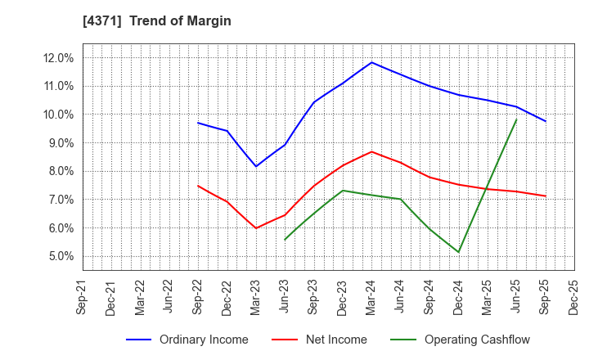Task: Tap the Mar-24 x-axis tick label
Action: click(x=371, y=298)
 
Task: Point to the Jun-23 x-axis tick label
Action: click(x=285, y=298)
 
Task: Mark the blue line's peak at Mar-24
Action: click(x=371, y=62)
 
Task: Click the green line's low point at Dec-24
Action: click(x=459, y=252)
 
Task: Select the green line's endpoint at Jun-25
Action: click(x=516, y=119)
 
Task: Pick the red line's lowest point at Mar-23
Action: click(x=256, y=228)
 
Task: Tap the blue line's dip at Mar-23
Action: click(x=256, y=166)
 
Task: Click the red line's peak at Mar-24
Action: click(x=371, y=151)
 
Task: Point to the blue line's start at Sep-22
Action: click(x=198, y=123)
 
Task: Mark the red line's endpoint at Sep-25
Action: click(x=546, y=196)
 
